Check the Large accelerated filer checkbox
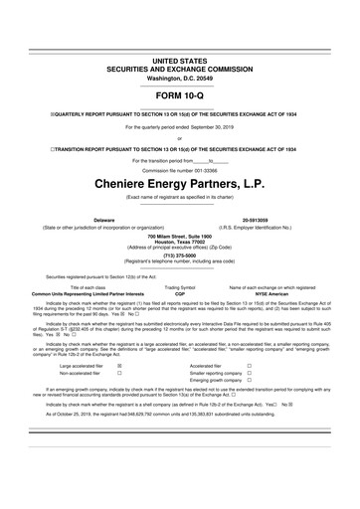(120, 393)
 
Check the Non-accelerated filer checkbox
(120, 401)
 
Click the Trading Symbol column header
(179, 287)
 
